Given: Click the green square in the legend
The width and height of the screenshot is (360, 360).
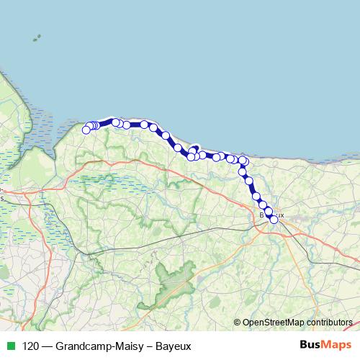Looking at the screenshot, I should coord(10,346).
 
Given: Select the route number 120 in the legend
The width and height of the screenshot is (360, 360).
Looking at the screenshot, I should coord(31,346).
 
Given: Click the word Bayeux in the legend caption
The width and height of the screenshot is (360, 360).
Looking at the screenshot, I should coord(174,346).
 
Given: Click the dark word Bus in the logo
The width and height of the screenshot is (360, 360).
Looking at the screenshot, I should coord(311,345).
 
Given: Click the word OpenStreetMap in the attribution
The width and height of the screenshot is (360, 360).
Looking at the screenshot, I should coord(271,322).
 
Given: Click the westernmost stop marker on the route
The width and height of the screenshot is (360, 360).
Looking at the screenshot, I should coord(86,130).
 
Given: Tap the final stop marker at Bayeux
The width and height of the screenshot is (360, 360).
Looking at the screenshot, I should coord(274,219).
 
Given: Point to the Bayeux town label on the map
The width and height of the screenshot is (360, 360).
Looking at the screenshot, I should coord(271,215).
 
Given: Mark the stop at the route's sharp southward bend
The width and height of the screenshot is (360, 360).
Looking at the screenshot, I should coord(243,161).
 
